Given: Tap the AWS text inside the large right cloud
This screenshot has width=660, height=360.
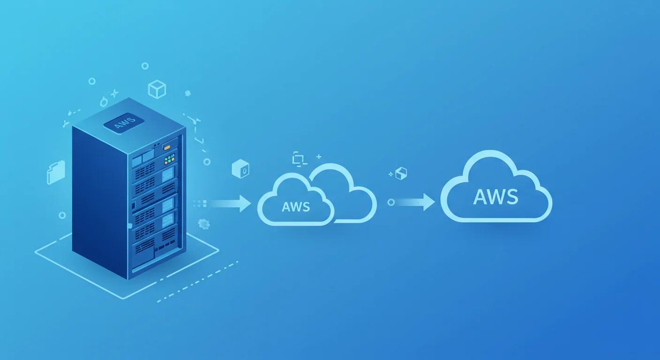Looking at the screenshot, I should tap(495, 197).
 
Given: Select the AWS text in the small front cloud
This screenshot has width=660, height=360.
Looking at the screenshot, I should tap(296, 206).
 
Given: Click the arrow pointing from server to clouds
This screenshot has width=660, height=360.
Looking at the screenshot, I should tap(230, 203).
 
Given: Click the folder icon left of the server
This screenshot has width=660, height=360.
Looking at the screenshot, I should tap(56, 172).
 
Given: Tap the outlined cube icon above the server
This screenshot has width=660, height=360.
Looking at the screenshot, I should tap(157, 89).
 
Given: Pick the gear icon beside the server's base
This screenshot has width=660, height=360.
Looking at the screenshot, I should tap(204, 224).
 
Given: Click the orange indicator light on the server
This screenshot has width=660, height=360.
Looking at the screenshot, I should tap(167, 148).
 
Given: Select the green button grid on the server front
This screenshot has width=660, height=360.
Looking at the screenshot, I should tap(169, 159).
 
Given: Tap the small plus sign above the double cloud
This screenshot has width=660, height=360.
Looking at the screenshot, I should tap(319, 156).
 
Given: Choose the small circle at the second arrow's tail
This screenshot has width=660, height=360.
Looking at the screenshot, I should tap(391, 202).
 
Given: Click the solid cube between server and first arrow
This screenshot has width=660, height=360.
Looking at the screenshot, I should tap(240, 168).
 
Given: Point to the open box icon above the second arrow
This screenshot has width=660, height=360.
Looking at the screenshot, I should tap(401, 174).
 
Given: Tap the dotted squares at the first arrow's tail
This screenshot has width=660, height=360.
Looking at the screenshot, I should tap(200, 203).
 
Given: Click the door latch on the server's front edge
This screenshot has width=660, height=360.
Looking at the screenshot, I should tap(130, 226).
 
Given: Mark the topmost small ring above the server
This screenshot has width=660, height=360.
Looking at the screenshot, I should tap(145, 66).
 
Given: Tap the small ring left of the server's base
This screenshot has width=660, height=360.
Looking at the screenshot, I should tap(62, 215).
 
